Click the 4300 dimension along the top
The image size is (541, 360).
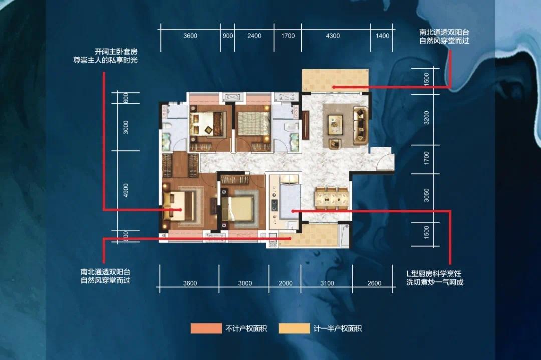click(333, 36)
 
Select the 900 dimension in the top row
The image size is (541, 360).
click(228, 36)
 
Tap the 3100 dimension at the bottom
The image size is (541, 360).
click(326, 283)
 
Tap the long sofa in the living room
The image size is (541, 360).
click(360, 125)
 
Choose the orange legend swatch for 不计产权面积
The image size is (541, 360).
click(206, 329)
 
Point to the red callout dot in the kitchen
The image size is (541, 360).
click(293, 211)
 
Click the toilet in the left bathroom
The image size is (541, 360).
click(166, 141)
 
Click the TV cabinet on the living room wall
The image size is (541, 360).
click(305, 125)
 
